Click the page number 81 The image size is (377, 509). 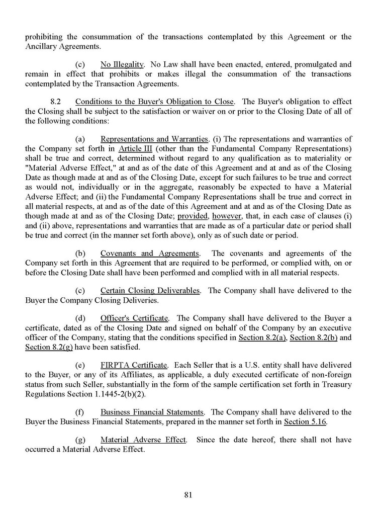[189, 494]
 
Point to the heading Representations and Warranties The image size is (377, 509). [154, 138]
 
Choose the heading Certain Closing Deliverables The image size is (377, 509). [150, 290]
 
